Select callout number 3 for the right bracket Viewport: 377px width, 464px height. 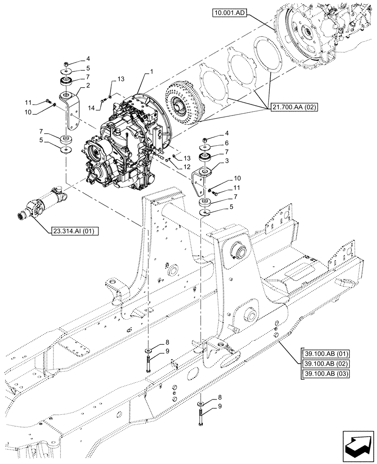point(227,161)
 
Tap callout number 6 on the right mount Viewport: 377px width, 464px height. point(227,143)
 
